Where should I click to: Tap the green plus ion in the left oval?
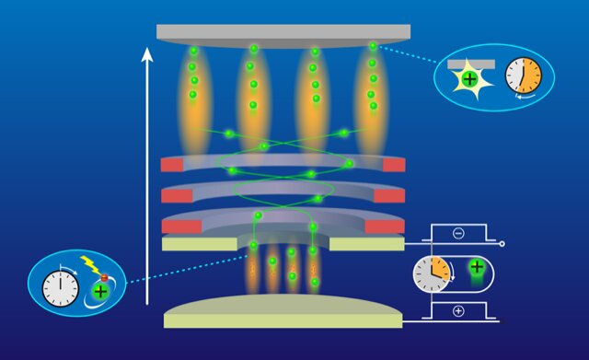[x=100, y=292]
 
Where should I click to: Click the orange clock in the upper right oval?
[x=522, y=77]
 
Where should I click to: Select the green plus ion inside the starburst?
[x=469, y=81]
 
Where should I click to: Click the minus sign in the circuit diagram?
[x=458, y=234]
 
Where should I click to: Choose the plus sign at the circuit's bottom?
[x=458, y=311]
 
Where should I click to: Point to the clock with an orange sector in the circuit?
[x=431, y=273]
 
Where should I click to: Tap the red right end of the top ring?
[x=393, y=165]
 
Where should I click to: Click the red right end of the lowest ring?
[x=384, y=226]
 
